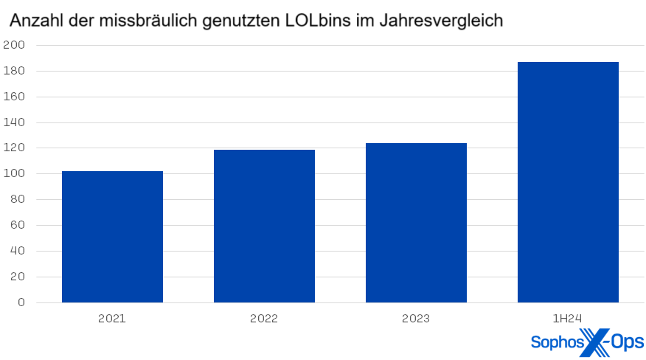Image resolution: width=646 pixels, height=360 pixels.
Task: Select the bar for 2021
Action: pos(112,236)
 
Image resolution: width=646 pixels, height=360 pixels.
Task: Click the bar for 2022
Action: pos(264,226)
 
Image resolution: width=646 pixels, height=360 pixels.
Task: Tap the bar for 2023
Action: pos(416,222)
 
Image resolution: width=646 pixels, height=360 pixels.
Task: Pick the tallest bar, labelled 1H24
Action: pos(568,182)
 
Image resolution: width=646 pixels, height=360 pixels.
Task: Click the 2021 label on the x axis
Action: pos(112,319)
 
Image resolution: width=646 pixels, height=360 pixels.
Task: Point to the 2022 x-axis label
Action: pos(264,319)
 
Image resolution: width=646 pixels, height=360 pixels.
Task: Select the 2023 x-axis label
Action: pos(416,319)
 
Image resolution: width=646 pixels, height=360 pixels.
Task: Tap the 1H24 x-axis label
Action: pos(568,319)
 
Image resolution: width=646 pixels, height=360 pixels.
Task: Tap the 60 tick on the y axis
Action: pos(17,225)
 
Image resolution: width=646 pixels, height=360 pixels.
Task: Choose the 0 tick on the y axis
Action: pos(21,302)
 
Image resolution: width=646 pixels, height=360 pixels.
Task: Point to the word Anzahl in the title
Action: pos(34,21)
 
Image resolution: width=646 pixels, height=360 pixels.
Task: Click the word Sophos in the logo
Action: pos(555,342)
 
